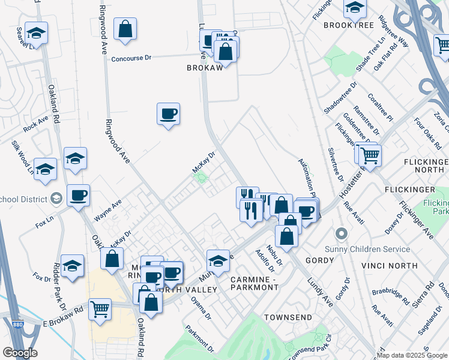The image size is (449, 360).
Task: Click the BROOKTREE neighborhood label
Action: pyautogui.click(x=348, y=25)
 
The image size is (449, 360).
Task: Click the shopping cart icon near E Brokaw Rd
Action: pyautogui.click(x=100, y=310)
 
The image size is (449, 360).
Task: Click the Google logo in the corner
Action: pyautogui.click(x=20, y=353)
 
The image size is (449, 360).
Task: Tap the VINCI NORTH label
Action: pyautogui.click(x=389, y=265)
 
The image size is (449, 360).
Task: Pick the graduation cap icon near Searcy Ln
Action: pyautogui.click(x=37, y=35)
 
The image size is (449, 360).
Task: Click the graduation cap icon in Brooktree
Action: pyautogui.click(x=355, y=8)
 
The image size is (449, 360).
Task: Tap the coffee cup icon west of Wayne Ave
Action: pyautogui.click(x=78, y=196)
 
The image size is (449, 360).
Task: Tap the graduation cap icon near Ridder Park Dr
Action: pyautogui.click(x=72, y=265)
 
